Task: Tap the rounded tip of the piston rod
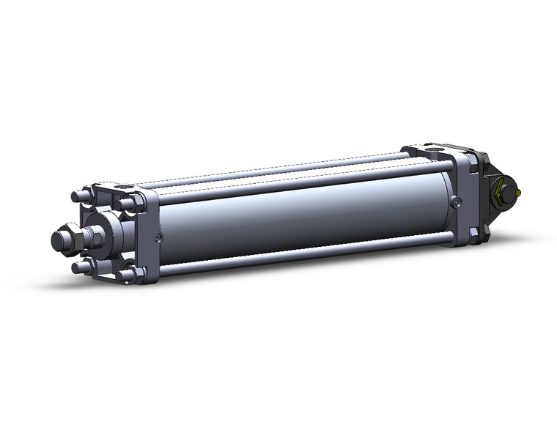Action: (56, 240)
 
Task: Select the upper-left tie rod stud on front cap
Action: (78, 196)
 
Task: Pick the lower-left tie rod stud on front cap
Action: (78, 267)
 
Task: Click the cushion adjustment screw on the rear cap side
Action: (457, 202)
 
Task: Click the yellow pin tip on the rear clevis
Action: (518, 193)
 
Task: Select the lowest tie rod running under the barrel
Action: (293, 258)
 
